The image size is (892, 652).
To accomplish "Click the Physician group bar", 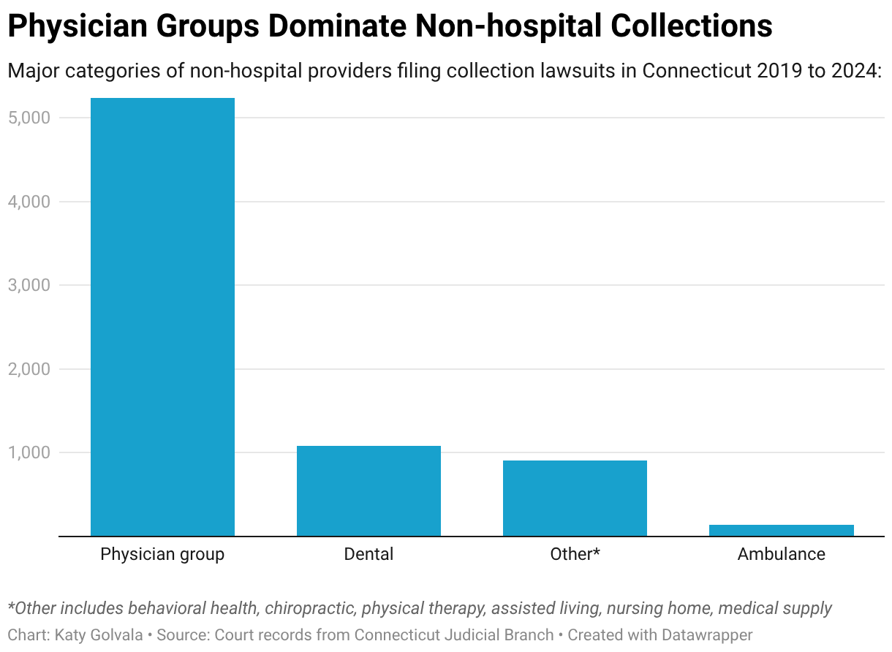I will tap(162, 316).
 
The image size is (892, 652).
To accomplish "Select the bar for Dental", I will tap(368, 490).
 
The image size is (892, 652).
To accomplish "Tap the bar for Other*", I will tap(575, 498).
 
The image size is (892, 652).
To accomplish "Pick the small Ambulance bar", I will tap(781, 530).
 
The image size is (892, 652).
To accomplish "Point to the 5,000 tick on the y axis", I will tap(29, 118).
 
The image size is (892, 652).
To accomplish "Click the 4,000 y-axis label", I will tap(29, 202).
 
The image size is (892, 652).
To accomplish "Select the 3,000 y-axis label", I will tap(29, 285).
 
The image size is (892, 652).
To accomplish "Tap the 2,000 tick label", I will tap(29, 369).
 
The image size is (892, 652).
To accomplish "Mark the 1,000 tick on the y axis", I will tap(29, 452).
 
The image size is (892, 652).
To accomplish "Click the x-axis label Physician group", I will tap(162, 554).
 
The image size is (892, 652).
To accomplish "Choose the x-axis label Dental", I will tap(368, 554).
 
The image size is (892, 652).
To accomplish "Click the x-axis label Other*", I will tap(575, 554).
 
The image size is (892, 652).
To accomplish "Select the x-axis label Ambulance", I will tap(781, 554).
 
